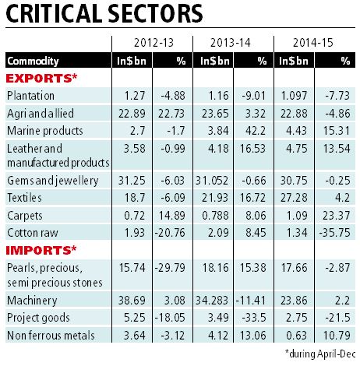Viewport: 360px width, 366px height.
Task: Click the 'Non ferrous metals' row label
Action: point(47,336)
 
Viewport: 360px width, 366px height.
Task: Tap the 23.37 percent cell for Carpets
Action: point(335,215)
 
